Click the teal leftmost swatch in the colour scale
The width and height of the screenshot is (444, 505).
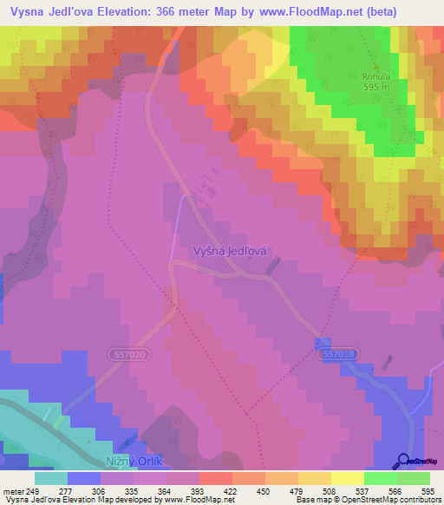tap(51, 478)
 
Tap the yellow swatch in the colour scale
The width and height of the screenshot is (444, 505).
tap(347, 478)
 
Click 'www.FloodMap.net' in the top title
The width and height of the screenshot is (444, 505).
tap(284, 10)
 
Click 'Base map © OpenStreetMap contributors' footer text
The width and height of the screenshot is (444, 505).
tap(368, 500)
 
